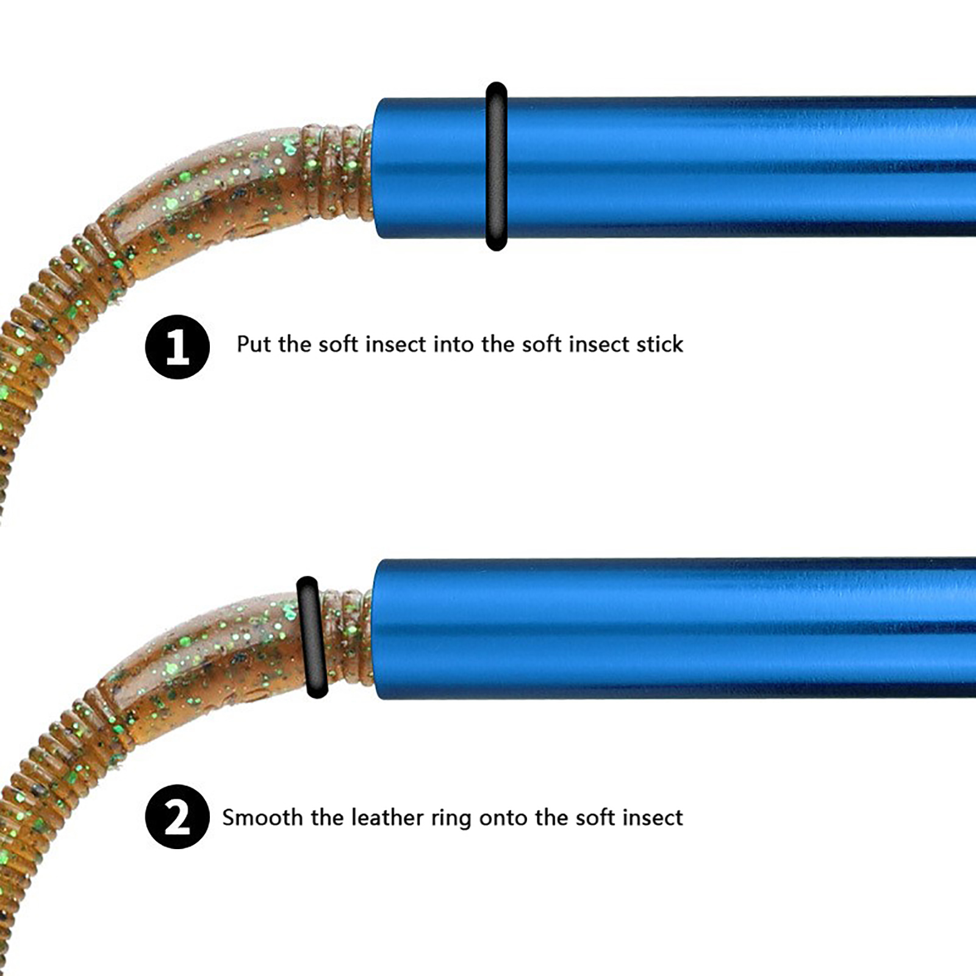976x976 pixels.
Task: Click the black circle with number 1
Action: click(x=178, y=346)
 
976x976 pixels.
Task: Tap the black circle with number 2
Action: click(x=178, y=817)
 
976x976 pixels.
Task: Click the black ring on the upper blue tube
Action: click(x=497, y=166)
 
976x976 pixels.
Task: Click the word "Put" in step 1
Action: click(x=254, y=344)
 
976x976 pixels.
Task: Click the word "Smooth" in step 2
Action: click(x=262, y=817)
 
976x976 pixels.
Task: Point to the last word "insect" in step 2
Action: click(x=651, y=817)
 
